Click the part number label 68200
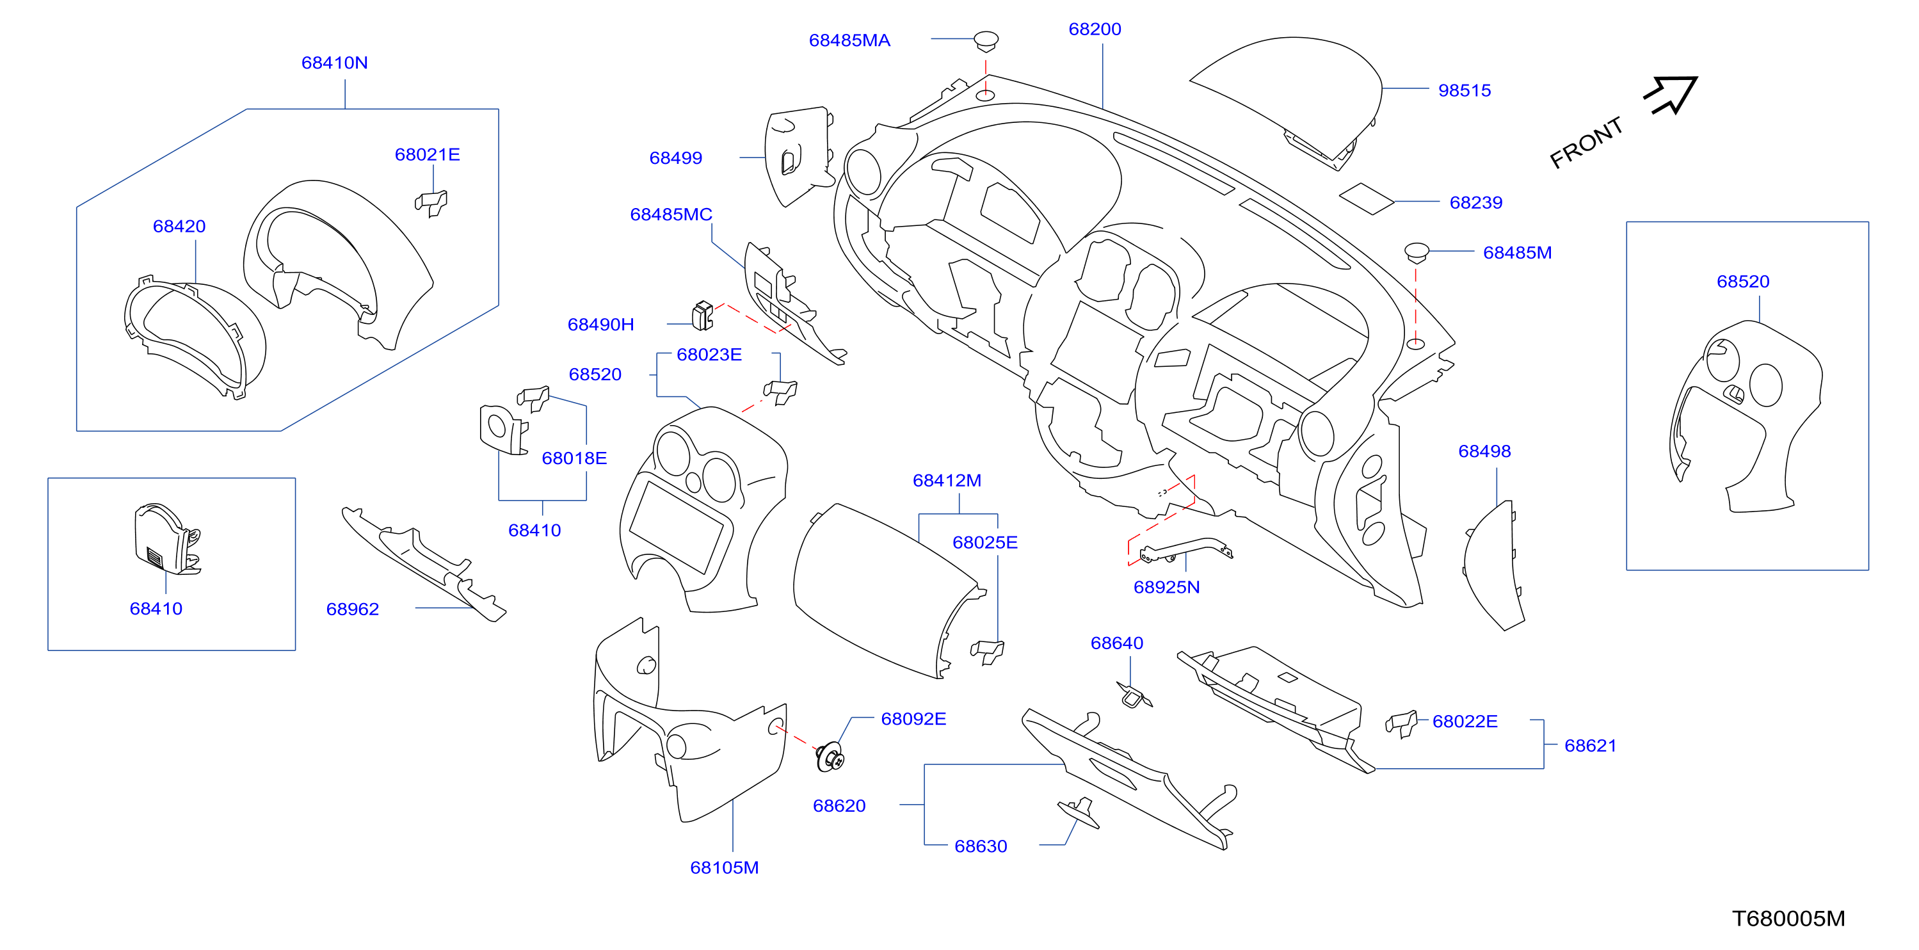coord(1095,29)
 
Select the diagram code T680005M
coord(1788,919)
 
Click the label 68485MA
coord(849,40)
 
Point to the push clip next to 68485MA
coord(986,40)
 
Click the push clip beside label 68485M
coord(1416,252)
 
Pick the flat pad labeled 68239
coord(1366,199)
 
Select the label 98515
coord(1464,90)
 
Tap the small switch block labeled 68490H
coord(702,315)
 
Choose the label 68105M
coord(724,867)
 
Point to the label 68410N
coord(335,63)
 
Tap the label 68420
coord(179,226)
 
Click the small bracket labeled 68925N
coord(1185,549)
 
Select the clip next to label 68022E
coord(1401,723)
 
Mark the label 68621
coord(1590,745)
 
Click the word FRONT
coord(1586,142)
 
